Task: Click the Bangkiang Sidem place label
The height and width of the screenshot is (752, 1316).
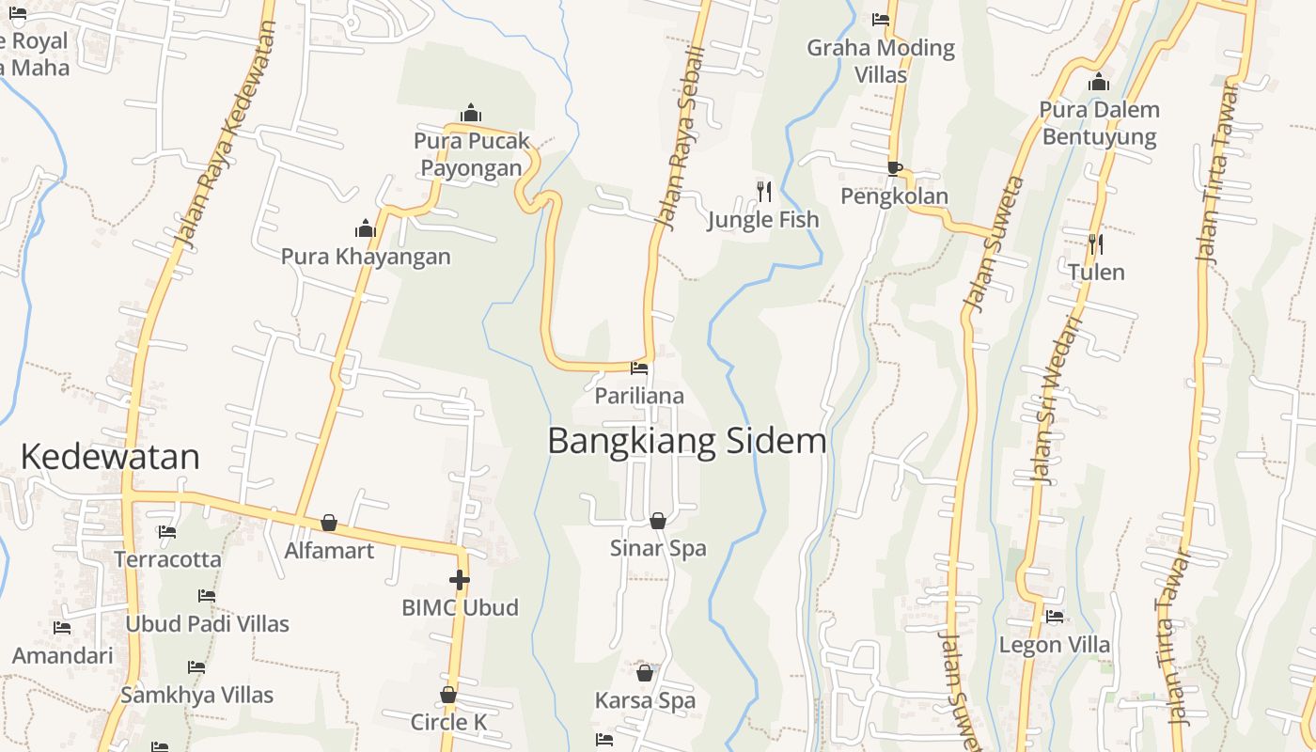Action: (x=686, y=441)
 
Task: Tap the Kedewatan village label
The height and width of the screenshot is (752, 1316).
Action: (x=110, y=457)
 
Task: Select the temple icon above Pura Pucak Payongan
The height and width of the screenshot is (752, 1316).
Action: (x=472, y=114)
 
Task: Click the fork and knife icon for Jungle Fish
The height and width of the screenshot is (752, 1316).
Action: (x=763, y=192)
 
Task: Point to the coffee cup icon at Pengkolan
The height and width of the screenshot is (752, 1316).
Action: (x=895, y=168)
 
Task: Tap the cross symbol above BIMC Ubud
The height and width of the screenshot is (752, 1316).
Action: (x=460, y=580)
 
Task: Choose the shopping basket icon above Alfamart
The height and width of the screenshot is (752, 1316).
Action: (x=329, y=523)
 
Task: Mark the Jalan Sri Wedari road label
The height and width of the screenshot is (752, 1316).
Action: (x=1056, y=399)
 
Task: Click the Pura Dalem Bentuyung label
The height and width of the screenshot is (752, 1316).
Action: (x=1099, y=123)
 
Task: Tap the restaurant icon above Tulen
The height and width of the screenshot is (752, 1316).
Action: (x=1095, y=244)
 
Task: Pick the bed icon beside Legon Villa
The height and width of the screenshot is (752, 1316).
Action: (x=1055, y=618)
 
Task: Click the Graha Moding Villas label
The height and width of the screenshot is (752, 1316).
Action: (x=881, y=60)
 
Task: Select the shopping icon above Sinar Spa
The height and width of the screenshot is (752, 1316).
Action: (x=658, y=521)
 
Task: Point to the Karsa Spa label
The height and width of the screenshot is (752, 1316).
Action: (x=645, y=700)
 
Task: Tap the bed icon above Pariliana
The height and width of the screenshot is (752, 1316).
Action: (x=639, y=368)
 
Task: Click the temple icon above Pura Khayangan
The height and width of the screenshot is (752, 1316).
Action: (x=366, y=228)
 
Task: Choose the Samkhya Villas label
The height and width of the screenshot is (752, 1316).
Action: (x=196, y=695)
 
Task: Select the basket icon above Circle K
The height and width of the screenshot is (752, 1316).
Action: (x=448, y=696)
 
